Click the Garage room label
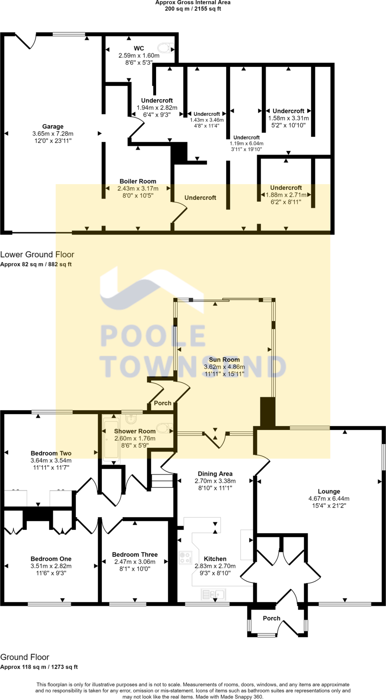coord(53,126)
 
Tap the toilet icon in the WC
coord(166,48)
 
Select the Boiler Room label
coord(138,181)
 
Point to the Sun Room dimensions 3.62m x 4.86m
coord(224,367)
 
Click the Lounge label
coord(329,491)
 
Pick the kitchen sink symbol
coord(213,594)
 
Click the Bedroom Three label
coord(135,554)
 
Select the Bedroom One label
coord(51,559)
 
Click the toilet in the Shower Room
coord(164,428)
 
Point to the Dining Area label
coord(215,474)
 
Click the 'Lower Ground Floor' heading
coord(37,254)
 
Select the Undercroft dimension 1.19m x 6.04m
coord(246,144)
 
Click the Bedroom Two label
coord(51,453)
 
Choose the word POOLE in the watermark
coord(153,336)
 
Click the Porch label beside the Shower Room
coord(162,403)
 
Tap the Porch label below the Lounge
coord(271,618)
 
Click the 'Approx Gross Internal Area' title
coord(193,2)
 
